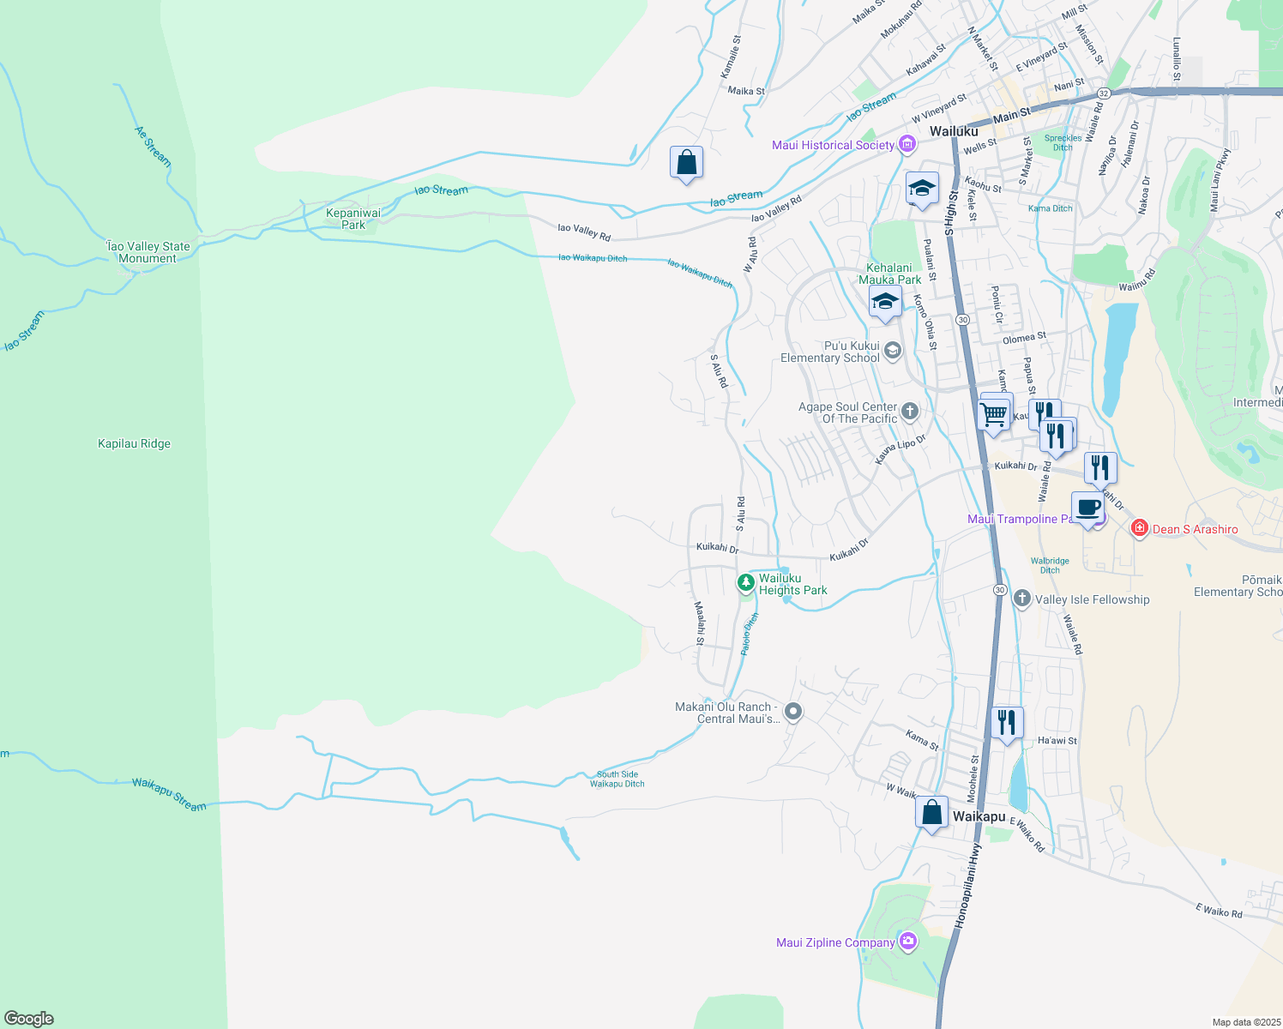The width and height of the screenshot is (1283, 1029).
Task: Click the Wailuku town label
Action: point(954,131)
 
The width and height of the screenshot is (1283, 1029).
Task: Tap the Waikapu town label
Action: point(979,816)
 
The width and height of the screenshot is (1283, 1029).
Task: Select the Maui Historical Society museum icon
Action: point(907,145)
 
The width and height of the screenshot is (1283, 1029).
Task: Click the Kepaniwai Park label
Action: point(353,219)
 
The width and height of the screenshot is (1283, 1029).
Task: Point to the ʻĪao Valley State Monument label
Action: point(148,252)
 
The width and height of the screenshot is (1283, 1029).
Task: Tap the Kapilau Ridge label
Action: point(134,443)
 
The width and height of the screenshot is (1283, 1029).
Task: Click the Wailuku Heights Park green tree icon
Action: point(746,584)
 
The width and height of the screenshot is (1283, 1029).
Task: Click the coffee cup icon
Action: point(1087,507)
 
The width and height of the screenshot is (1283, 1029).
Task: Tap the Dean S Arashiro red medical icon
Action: point(1140,528)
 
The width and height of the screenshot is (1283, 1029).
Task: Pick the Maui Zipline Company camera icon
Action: point(907,942)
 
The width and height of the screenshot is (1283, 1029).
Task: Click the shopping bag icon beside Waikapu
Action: point(931,811)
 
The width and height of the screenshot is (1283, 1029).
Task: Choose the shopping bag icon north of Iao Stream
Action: point(686,162)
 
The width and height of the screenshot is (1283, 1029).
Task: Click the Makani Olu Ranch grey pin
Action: point(793,712)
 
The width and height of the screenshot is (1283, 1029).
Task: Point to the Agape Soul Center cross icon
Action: point(909,412)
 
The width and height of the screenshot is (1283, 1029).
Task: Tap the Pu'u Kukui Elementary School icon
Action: point(892,350)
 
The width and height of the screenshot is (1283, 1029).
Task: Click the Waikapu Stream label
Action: point(169,794)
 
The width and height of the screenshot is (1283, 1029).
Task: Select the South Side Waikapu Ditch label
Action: point(617,779)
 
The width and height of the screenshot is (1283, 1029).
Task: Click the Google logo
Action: point(29,1018)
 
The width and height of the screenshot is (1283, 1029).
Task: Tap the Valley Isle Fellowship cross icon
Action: point(1021,599)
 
